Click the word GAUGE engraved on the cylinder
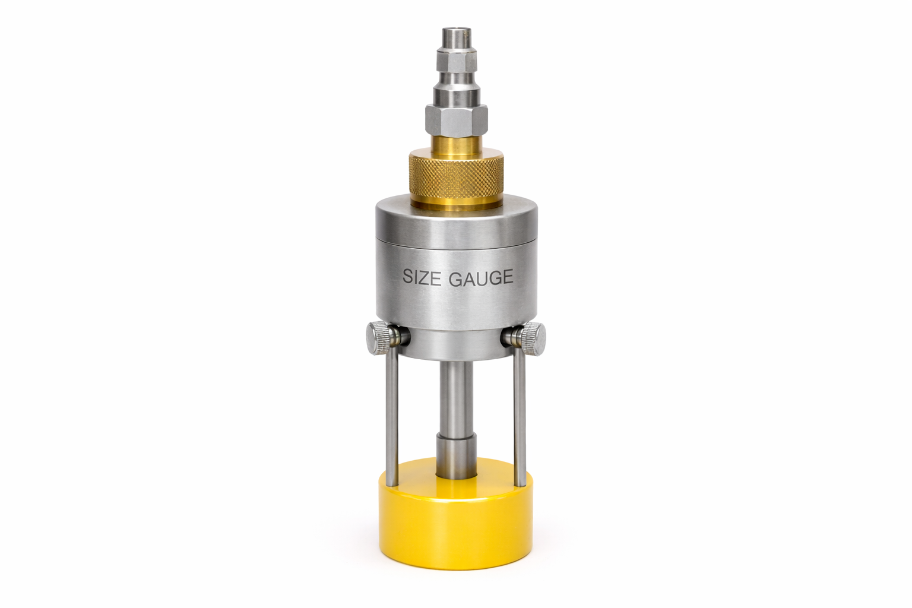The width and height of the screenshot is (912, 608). tap(480, 277)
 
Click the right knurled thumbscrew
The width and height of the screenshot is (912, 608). tap(534, 338)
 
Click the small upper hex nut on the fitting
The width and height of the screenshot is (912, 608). tap(456, 61)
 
